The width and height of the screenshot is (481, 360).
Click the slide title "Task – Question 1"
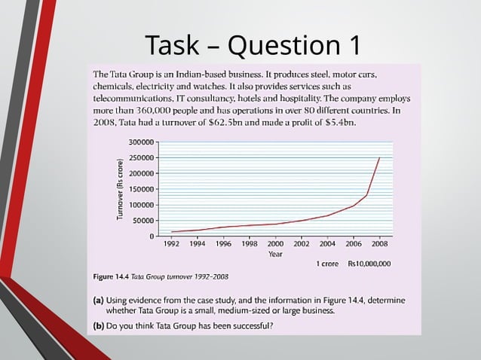pos(253,45)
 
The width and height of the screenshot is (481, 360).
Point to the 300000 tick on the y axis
pos(141,142)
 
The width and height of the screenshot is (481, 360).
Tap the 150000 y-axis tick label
pos(141,189)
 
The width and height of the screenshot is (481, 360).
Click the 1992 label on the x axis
pos(172,244)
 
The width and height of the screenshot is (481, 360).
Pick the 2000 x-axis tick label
pos(275,244)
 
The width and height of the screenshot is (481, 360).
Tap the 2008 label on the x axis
pos(379,244)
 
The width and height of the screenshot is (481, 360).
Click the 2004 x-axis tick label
pos(327,244)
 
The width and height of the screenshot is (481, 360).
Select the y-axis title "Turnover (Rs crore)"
pos(121,188)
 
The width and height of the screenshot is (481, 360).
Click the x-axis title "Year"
pos(275,254)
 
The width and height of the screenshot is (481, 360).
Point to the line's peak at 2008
pos(379,157)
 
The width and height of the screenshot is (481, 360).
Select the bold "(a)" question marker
pos(98,300)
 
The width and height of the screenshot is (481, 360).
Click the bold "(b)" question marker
pos(98,326)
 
